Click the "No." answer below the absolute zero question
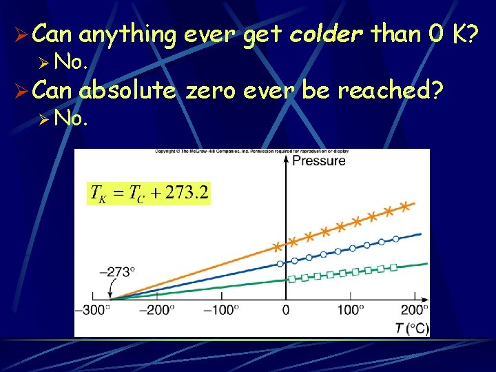[71, 119]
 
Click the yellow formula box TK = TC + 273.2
[149, 193]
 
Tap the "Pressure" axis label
[319, 161]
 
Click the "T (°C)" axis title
[412, 328]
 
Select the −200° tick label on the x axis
[156, 310]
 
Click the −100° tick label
[220, 310]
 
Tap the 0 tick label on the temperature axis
[286, 310]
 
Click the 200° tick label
[415, 310]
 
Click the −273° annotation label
[116, 271]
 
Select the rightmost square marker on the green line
[393, 267]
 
